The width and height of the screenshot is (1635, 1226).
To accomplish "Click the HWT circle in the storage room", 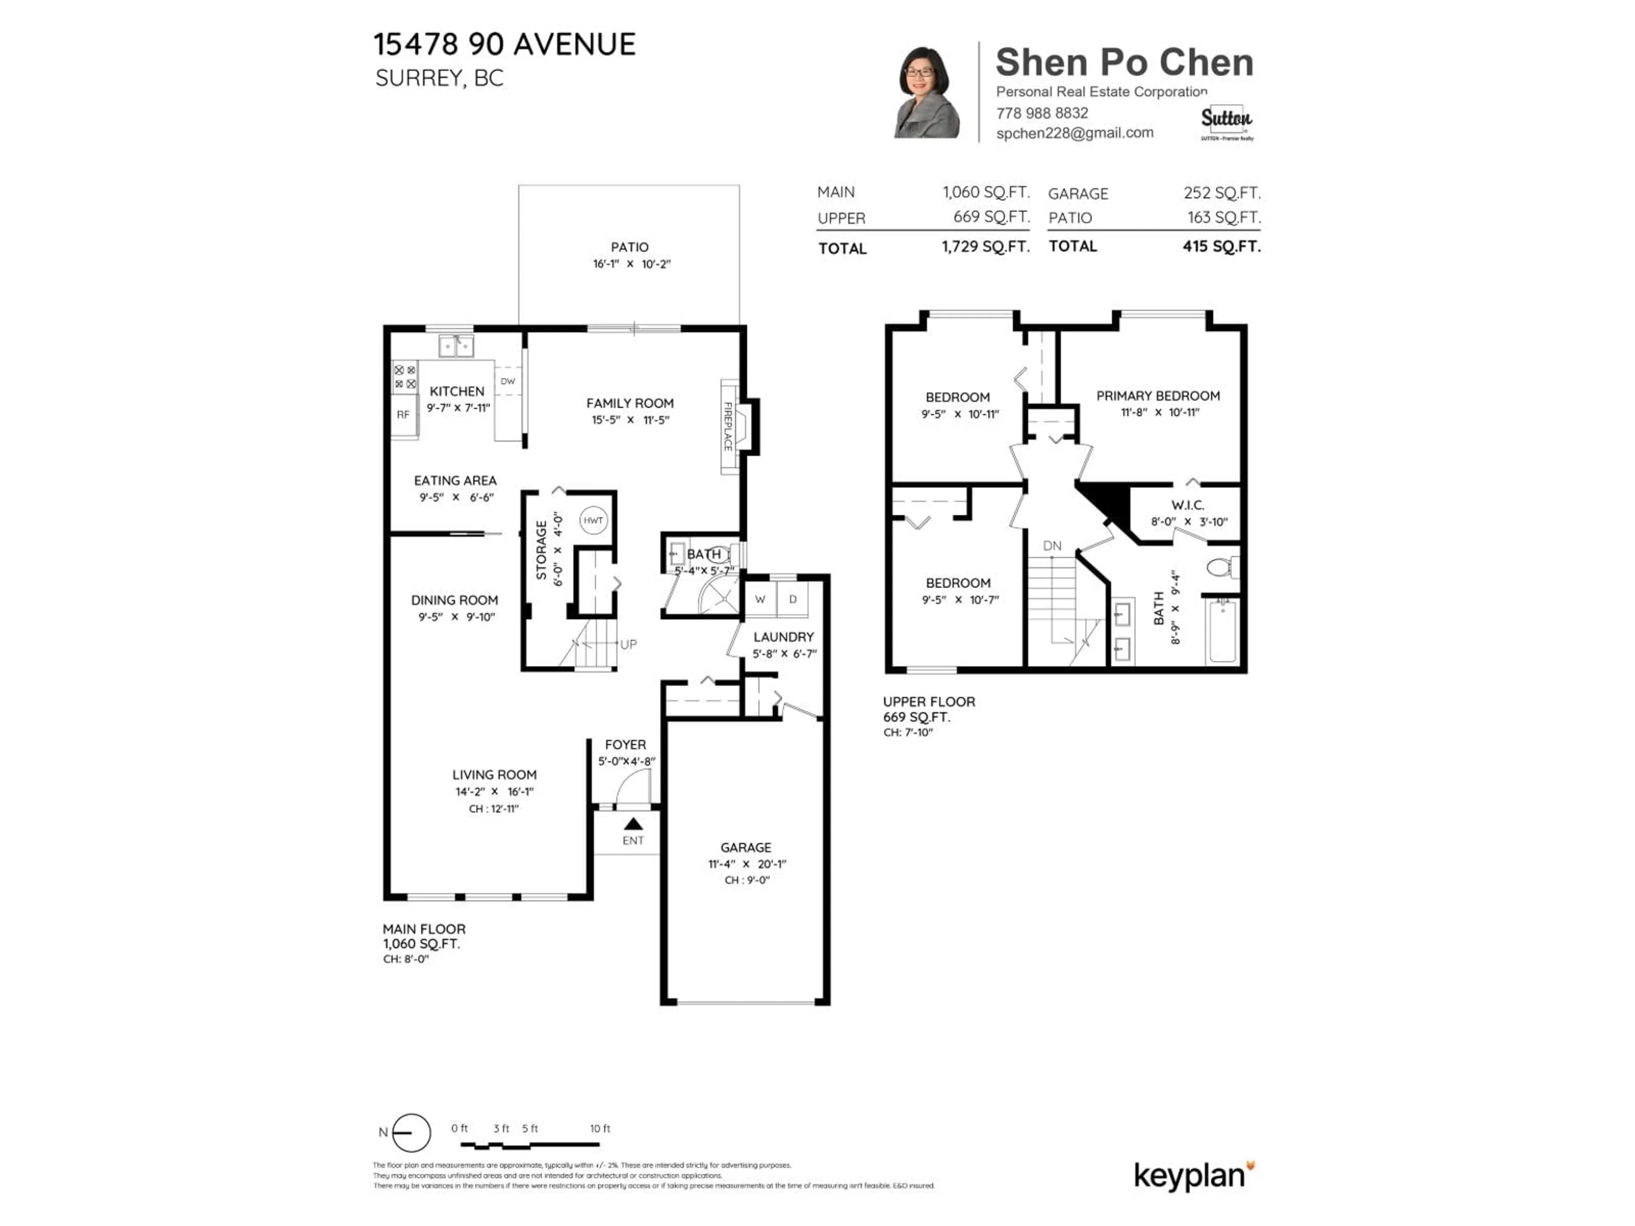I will coord(593,520).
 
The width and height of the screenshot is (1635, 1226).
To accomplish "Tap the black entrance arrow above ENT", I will coord(634,824).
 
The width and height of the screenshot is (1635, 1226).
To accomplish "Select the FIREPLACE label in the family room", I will coord(728,427).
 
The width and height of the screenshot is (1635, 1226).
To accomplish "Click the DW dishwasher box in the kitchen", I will coord(508,381).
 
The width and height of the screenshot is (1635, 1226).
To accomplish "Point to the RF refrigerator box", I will coord(403,415).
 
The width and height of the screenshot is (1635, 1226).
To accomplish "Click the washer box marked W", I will coord(760,599).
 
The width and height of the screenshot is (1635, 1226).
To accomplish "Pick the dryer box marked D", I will coord(793,599).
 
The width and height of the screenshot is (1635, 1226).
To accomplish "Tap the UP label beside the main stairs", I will coord(628,645).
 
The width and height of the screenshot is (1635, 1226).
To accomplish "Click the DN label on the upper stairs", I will coord(1052,546).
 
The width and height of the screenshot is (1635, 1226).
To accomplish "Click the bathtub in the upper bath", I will coord(1222,631).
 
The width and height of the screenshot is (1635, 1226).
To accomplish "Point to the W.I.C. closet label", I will coord(1188,505).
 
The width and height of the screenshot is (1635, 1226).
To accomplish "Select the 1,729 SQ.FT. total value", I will coord(985,247).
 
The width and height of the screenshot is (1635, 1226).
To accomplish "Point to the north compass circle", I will coord(411,1133).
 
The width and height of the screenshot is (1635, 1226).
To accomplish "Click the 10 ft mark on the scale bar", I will coord(599,1129).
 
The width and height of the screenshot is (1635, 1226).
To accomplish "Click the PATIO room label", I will coord(630,247).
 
